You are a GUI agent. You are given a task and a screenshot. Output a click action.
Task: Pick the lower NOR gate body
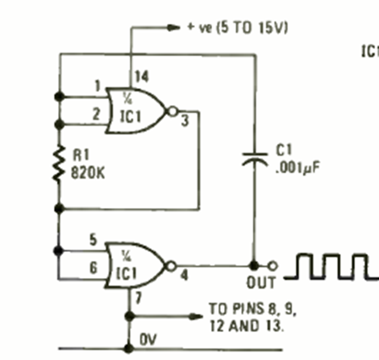pyautogui.click(x=135, y=264)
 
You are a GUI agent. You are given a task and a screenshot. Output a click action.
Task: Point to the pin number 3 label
pyautogui.click(x=184, y=122)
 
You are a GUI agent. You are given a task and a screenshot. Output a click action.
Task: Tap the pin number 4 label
pyautogui.click(x=184, y=274)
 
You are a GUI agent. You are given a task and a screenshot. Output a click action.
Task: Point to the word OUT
pyautogui.click(x=261, y=283)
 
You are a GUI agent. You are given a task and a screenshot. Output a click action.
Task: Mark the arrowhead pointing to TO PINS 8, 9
pyautogui.click(x=195, y=316)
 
